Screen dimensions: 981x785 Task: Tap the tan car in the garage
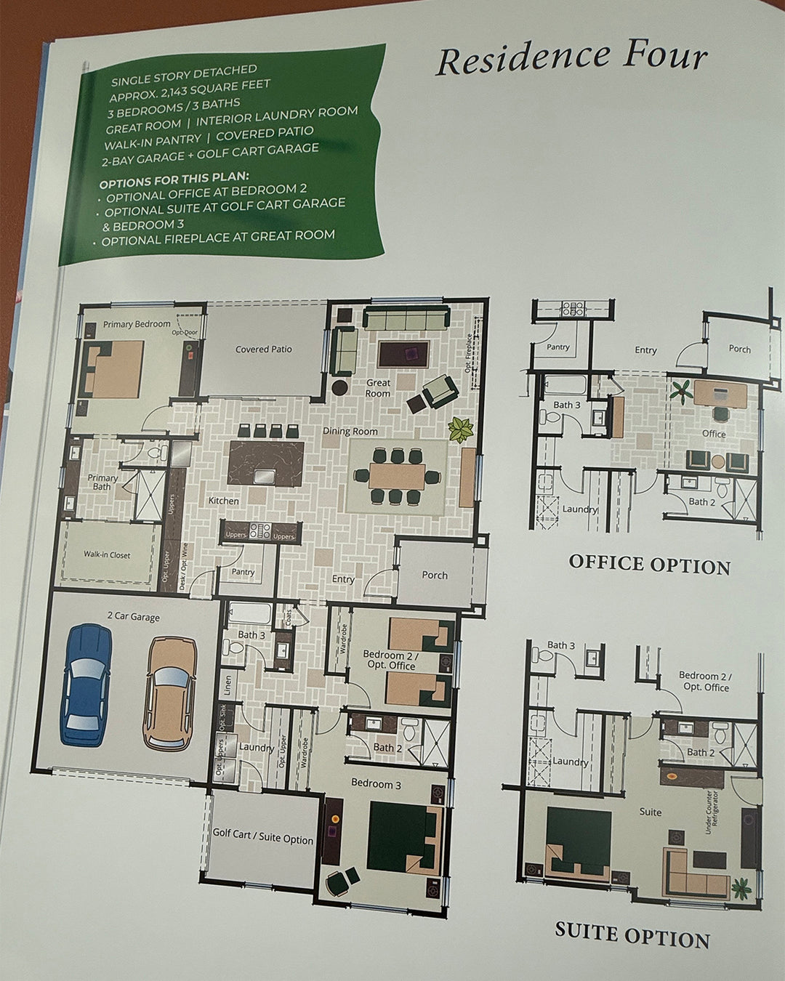pos(171,693)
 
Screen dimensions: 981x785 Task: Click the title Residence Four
pos(571,58)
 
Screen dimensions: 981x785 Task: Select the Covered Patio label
pos(263,350)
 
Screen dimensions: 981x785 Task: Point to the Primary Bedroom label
pos(137,324)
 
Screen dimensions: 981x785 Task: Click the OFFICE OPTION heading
pos(649,564)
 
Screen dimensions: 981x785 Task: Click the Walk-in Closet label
pos(107,555)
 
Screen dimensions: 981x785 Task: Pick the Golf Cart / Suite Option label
pos(262,838)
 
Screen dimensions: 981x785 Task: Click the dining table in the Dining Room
pos(398,476)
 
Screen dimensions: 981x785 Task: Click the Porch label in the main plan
pos(435,575)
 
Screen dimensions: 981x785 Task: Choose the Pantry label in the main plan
pos(243,572)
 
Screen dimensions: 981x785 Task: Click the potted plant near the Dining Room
pos(461,430)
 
